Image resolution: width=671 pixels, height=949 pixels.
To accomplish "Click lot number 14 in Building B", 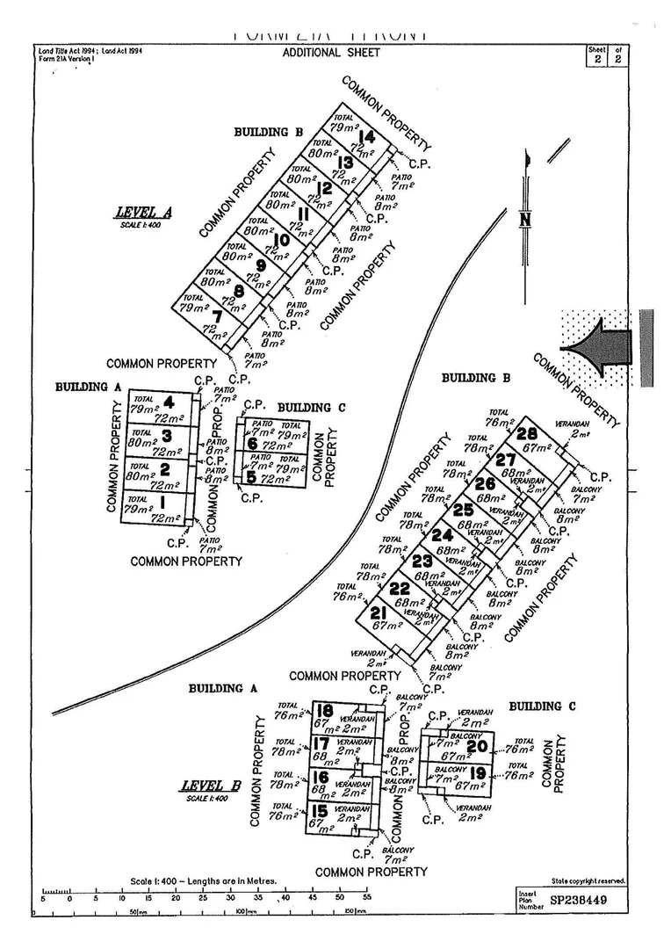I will tap(367, 137).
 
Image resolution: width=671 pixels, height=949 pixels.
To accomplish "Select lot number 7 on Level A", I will tap(217, 316).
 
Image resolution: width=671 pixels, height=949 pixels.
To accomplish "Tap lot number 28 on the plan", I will tap(527, 433).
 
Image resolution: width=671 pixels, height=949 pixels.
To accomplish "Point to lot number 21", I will tap(379, 612).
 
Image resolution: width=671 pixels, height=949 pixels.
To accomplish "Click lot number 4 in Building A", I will tap(167, 402).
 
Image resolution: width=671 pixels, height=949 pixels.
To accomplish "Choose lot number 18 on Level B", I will tap(326, 711).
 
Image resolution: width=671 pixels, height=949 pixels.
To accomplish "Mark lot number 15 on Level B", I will tap(320, 810).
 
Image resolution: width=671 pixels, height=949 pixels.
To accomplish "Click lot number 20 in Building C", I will tap(477, 746).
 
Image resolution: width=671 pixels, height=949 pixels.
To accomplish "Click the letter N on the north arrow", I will tap(525, 220).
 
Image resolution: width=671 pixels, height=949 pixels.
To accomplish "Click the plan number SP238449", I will tap(578, 901).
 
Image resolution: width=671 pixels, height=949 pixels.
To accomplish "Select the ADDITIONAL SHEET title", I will tap(331, 53).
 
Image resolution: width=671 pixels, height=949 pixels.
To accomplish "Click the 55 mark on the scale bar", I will tap(367, 898).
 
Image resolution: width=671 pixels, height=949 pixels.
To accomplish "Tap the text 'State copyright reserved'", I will tap(588, 880).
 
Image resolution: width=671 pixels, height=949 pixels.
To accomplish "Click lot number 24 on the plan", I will tap(443, 534).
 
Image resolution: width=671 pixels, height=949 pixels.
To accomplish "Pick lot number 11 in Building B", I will tap(303, 214).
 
